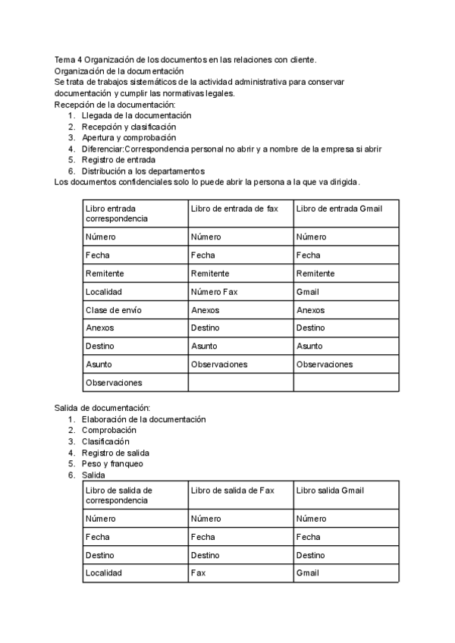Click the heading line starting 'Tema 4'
coord(186,60)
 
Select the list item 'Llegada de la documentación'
coord(136,115)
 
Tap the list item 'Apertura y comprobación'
coord(129,138)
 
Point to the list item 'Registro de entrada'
coord(119,160)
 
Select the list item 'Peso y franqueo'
coord(112,463)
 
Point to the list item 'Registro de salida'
coord(116,453)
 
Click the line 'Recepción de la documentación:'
coord(115,105)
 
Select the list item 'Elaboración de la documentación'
coord(144,419)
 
